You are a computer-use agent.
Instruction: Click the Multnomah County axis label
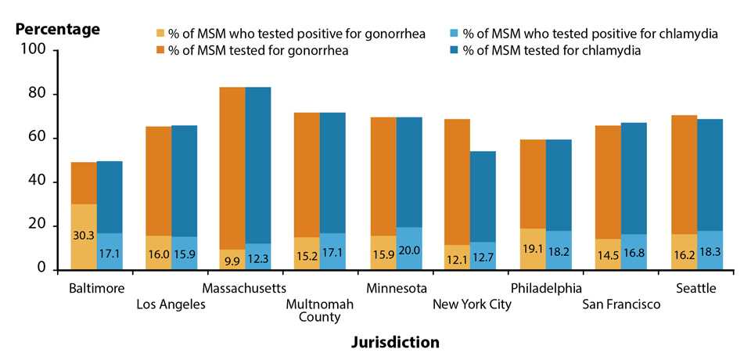point(318,310)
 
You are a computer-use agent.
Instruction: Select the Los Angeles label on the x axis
point(171,304)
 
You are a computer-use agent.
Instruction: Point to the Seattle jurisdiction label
point(695,288)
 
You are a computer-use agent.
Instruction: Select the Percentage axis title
point(59,30)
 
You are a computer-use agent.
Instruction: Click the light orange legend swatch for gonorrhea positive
point(161,34)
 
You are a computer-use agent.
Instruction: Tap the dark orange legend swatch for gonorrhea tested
point(161,51)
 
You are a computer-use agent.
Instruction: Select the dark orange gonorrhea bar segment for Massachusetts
point(232,157)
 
